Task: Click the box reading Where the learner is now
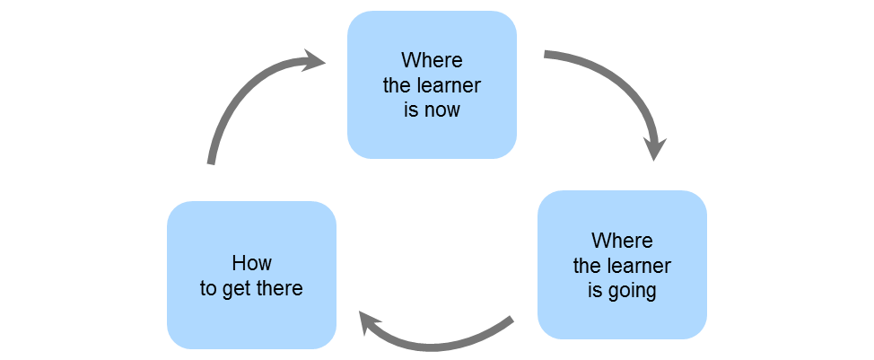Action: coord(432,84)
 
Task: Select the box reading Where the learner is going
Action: coord(622,265)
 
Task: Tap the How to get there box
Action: coord(251,275)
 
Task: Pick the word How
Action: coord(251,263)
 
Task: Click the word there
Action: coord(277,289)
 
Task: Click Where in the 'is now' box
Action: coord(432,61)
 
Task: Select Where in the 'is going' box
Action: coord(622,241)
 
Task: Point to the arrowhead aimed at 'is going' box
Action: coord(656,148)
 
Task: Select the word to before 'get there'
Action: coord(208,289)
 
